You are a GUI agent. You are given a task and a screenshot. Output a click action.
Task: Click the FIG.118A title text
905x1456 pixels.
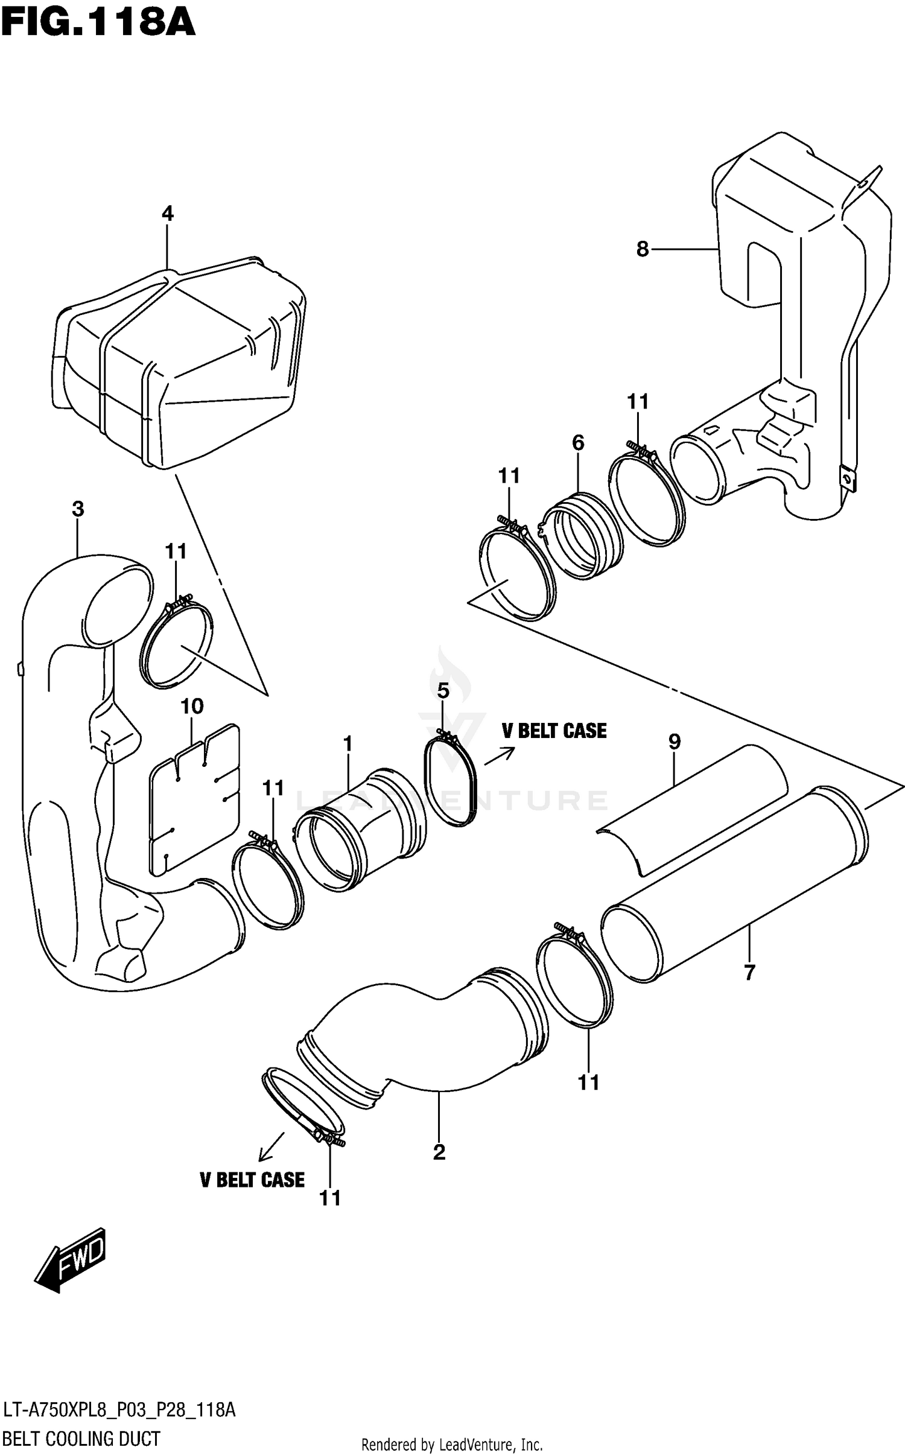pos(98,22)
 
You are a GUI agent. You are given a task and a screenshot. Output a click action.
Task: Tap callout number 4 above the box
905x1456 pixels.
pos(167,214)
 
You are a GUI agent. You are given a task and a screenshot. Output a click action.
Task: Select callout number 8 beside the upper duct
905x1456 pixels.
pos(643,249)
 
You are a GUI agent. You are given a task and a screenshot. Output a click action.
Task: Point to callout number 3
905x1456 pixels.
pos(78,509)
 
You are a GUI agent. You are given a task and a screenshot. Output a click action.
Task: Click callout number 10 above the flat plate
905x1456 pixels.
pos(192,706)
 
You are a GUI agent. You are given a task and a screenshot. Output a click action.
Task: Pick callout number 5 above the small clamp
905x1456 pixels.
pos(443,690)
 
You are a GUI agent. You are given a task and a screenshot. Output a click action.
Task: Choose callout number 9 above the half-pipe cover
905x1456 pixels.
pos(675,742)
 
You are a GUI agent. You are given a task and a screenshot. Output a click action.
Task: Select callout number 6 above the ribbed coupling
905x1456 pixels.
pos(578,443)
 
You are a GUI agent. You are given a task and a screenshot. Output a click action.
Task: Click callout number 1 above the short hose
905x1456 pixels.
pos(348,744)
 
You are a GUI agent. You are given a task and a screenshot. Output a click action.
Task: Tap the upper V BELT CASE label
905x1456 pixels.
pos(554,731)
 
